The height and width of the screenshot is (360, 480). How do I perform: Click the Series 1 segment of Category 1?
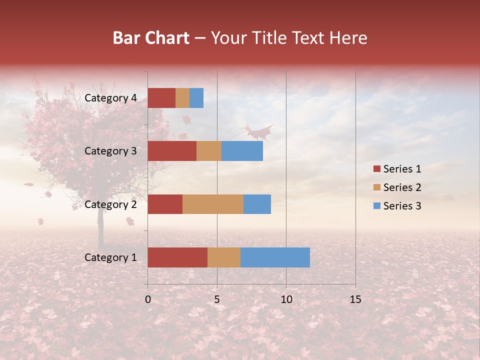[177, 257]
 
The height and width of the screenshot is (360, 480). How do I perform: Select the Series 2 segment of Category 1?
[224, 257]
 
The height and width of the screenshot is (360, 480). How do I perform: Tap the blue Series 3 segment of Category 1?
[275, 257]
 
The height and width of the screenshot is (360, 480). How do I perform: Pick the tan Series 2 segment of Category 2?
[213, 204]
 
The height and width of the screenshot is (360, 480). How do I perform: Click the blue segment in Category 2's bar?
[257, 204]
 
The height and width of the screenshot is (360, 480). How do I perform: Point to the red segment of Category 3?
[172, 151]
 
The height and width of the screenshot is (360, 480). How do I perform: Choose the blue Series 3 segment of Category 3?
[242, 151]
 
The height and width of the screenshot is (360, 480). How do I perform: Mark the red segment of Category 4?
[161, 98]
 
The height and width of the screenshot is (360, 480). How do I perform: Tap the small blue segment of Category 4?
[196, 98]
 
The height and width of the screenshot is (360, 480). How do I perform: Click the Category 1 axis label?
[110, 257]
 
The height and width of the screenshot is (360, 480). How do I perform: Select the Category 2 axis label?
[110, 204]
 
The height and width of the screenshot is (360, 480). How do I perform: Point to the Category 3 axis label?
[110, 151]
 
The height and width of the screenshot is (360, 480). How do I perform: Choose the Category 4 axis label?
[110, 98]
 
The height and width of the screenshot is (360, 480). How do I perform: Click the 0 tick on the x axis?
[148, 299]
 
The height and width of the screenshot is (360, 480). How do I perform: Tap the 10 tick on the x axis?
[286, 299]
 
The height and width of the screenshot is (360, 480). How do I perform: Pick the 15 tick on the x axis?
[355, 299]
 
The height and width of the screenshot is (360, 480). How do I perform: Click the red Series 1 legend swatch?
[376, 169]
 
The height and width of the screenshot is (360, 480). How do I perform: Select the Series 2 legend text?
[402, 187]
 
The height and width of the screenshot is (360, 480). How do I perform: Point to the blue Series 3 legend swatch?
[376, 206]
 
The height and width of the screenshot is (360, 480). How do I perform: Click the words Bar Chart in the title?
[151, 38]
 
